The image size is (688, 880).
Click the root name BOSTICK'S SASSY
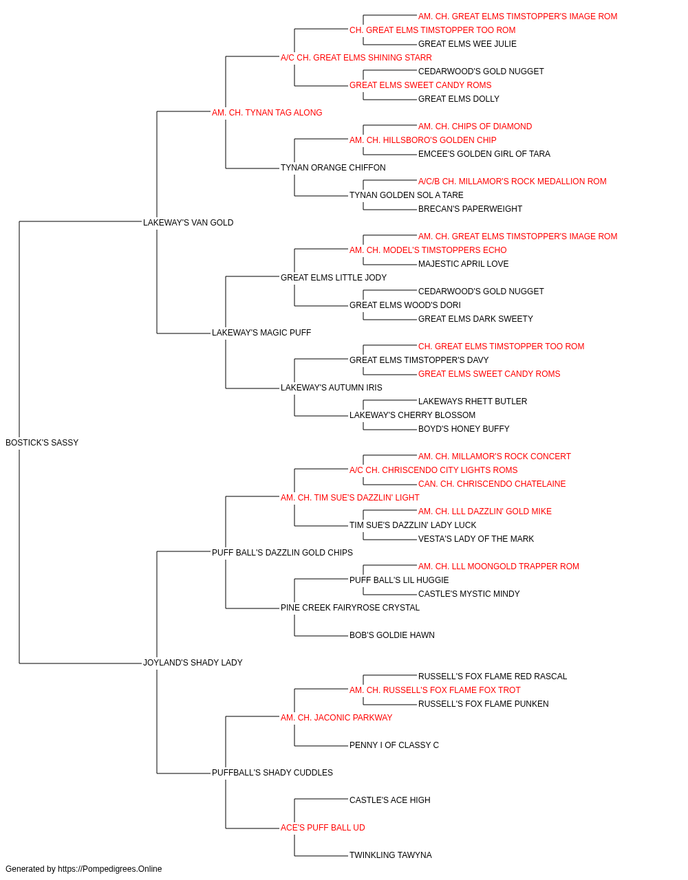(42, 443)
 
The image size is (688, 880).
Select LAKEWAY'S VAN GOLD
(188, 223)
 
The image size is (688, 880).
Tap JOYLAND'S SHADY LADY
(193, 663)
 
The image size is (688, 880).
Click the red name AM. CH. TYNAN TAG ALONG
(267, 113)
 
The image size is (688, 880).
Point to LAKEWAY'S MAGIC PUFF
(261, 333)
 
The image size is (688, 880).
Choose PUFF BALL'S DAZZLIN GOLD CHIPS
(282, 552)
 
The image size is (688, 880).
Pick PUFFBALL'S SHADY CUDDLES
(272, 773)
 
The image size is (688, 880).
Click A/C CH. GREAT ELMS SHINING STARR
(356, 58)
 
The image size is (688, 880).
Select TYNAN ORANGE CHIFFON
(333, 168)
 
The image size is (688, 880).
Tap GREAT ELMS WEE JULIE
(467, 44)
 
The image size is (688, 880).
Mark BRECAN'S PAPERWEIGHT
(470, 209)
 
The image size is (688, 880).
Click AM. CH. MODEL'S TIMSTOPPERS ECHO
(428, 250)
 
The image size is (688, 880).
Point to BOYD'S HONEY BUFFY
(464, 429)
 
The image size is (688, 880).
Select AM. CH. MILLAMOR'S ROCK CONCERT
(494, 456)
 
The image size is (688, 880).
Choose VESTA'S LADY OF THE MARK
(475, 538)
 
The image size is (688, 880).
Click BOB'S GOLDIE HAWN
(391, 635)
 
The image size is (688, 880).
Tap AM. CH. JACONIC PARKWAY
(336, 718)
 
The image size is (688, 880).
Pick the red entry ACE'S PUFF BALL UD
(323, 828)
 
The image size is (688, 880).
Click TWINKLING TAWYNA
(391, 855)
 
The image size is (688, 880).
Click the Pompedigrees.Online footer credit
(83, 869)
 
